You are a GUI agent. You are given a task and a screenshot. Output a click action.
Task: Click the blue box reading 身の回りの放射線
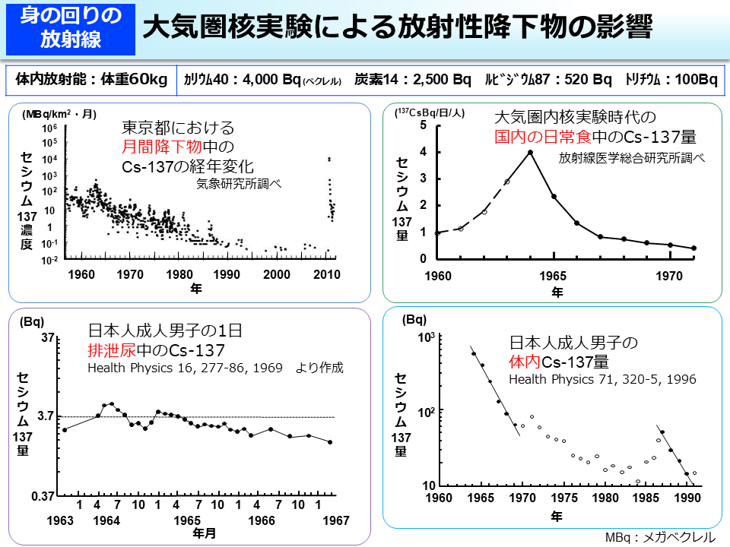click(x=71, y=28)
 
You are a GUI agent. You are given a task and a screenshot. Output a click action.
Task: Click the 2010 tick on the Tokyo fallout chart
click(x=327, y=274)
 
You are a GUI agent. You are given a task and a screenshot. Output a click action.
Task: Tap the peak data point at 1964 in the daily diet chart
click(x=531, y=152)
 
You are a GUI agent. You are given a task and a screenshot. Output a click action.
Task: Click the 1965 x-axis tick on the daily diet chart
click(x=554, y=274)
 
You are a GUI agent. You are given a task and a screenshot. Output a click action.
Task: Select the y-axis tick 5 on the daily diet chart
click(x=423, y=125)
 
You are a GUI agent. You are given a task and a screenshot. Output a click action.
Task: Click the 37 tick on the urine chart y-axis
click(x=46, y=337)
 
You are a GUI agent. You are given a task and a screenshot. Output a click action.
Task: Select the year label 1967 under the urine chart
click(x=335, y=520)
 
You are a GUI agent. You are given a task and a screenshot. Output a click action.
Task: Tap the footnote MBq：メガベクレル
click(x=660, y=536)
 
